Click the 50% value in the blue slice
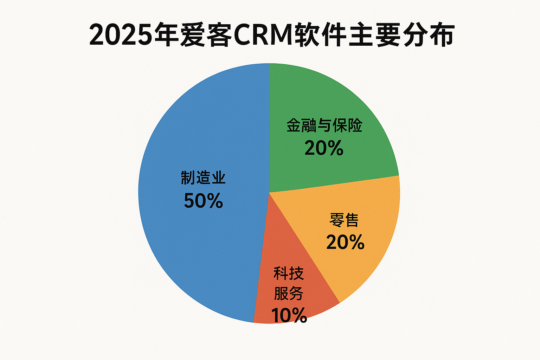[x=204, y=201]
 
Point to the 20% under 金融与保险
[x=324, y=148]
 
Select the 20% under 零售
[x=345, y=242]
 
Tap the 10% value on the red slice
[x=289, y=315]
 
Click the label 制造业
[x=203, y=178]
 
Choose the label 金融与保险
[x=324, y=126]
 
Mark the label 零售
[x=344, y=220]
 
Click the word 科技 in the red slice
[x=289, y=274]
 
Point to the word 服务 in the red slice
[x=289, y=294]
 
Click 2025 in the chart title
[x=121, y=35]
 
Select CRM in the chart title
[x=263, y=35]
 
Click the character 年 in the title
[x=166, y=35]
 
